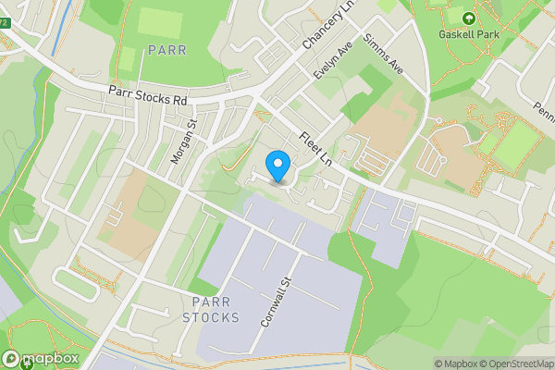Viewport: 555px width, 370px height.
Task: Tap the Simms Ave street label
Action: pos(383,55)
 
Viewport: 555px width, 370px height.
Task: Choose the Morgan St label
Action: pos(181,142)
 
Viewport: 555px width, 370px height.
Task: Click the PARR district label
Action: pos(166,49)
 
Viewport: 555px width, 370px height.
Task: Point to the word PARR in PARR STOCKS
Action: pos(211,302)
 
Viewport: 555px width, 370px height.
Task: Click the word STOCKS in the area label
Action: pos(211,317)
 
